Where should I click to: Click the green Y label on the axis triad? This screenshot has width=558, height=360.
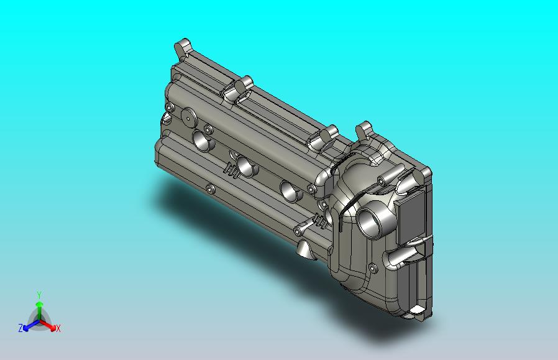tap(39, 295)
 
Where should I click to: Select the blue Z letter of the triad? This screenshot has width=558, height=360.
tap(21, 328)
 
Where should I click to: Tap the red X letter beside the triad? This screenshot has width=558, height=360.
tap(58, 328)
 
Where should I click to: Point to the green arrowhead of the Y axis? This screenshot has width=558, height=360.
tap(40, 304)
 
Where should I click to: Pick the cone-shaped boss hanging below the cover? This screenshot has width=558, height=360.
tap(306, 249)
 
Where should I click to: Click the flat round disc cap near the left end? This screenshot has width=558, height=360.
tap(189, 117)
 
